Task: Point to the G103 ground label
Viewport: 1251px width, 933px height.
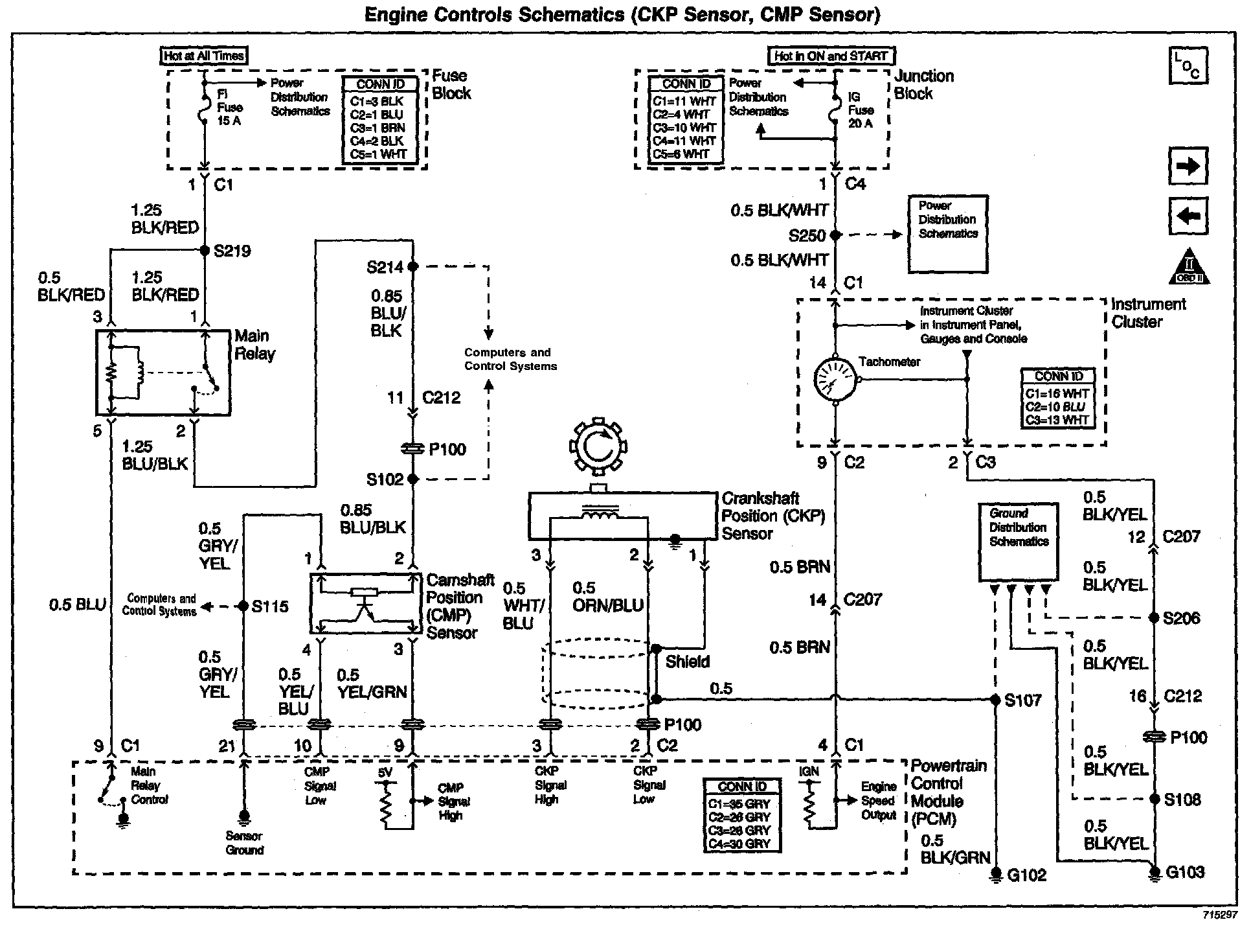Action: pos(1186,872)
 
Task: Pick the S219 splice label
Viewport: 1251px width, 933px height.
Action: pos(232,251)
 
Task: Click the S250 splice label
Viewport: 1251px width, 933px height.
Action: pos(807,235)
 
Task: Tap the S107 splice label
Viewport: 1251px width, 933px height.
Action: pos(1023,700)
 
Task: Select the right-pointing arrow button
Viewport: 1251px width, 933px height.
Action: pos(1188,167)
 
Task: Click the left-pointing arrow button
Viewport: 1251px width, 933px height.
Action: pos(1188,216)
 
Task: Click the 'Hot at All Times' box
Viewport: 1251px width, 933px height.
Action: pos(204,56)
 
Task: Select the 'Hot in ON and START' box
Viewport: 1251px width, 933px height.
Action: pos(831,56)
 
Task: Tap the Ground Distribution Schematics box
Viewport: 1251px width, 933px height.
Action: pos(1019,542)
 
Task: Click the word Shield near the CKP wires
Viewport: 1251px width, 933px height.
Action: pos(688,662)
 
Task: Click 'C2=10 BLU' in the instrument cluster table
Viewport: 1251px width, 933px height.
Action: pos(1057,407)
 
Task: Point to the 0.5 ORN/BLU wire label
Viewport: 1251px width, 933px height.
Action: pos(608,597)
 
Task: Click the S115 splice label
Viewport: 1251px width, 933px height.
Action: pos(270,607)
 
